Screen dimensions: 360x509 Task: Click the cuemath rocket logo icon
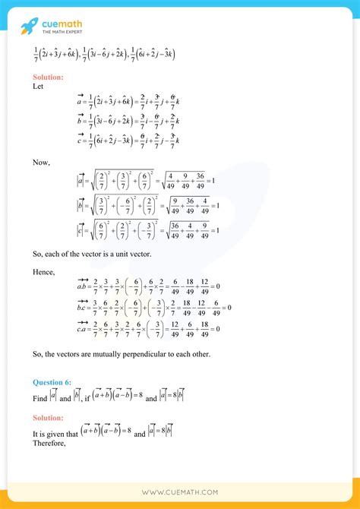tap(29, 26)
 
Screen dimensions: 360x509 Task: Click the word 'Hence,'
tap(44, 270)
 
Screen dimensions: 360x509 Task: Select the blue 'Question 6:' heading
tap(53, 381)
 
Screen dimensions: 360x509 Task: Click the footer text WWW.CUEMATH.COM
tap(180, 492)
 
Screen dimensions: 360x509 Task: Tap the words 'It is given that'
tap(57, 434)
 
